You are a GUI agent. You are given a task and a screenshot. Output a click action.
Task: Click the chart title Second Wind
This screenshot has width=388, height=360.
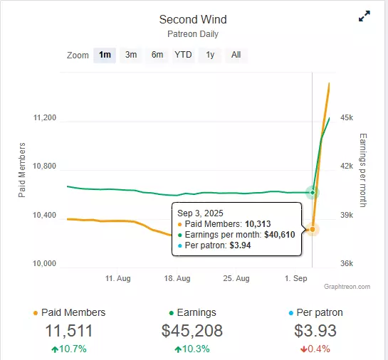pyautogui.click(x=193, y=19)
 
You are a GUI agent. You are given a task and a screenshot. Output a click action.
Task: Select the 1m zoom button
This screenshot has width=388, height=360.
pyautogui.click(x=105, y=55)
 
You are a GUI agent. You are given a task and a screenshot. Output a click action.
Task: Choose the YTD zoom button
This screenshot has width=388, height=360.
pyautogui.click(x=183, y=55)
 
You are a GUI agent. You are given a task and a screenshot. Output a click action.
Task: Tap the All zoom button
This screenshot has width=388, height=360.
pyautogui.click(x=236, y=55)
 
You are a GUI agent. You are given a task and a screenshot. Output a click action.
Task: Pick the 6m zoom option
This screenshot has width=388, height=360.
pyautogui.click(x=157, y=55)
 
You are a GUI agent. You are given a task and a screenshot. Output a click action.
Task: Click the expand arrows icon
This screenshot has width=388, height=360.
pyautogui.click(x=365, y=16)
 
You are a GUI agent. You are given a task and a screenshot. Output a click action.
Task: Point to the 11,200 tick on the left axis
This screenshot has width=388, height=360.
pyautogui.click(x=45, y=117)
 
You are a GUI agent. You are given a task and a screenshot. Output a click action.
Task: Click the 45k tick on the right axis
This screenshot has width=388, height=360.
pyautogui.click(x=347, y=117)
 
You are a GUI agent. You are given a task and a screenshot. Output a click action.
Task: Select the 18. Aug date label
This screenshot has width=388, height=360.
pyautogui.click(x=177, y=278)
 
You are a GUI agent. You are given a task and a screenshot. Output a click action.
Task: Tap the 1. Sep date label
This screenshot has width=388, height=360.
pyautogui.click(x=296, y=278)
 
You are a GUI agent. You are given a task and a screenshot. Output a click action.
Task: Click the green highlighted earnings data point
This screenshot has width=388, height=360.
pyautogui.click(x=313, y=192)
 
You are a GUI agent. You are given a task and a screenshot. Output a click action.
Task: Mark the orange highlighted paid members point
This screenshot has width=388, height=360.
pyautogui.click(x=313, y=230)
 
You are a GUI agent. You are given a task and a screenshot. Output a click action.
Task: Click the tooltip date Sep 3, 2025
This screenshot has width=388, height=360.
pyautogui.click(x=200, y=213)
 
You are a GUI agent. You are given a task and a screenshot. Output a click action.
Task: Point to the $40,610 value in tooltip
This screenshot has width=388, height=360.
pyautogui.click(x=280, y=234)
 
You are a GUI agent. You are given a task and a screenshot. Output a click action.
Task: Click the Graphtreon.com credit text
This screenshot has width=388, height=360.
pyautogui.click(x=347, y=287)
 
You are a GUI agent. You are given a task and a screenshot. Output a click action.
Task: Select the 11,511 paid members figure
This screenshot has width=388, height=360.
pyautogui.click(x=69, y=331)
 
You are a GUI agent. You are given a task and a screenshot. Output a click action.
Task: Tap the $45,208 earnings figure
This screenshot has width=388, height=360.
pyautogui.click(x=192, y=331)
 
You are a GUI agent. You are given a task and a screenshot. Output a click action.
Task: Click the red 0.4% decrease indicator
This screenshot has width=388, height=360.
pyautogui.click(x=315, y=349)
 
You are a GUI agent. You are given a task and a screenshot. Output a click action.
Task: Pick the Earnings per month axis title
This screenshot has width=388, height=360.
pyautogui.click(x=363, y=170)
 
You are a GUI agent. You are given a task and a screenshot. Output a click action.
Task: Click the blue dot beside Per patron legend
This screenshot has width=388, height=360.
pyautogui.click(x=291, y=313)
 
